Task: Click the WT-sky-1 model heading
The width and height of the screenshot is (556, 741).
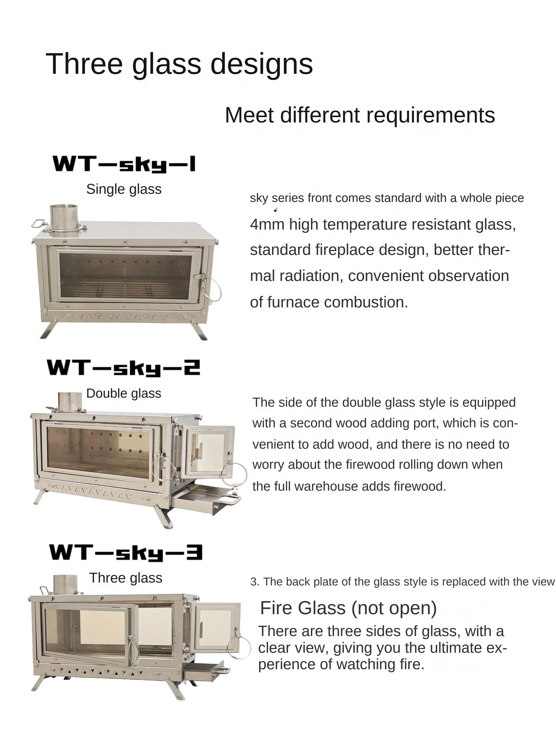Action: pyautogui.click(x=124, y=164)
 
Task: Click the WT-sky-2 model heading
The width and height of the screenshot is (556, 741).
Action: pyautogui.click(x=124, y=368)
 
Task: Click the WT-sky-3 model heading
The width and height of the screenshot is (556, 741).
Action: pyautogui.click(x=126, y=553)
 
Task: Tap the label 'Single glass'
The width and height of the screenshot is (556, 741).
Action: pyautogui.click(x=124, y=189)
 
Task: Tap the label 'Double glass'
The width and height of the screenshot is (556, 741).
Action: pyautogui.click(x=124, y=393)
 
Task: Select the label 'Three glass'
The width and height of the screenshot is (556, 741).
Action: pyautogui.click(x=125, y=578)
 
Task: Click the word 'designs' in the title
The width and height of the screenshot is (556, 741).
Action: pyautogui.click(x=261, y=64)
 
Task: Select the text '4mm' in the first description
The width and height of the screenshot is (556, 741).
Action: pyautogui.click(x=267, y=224)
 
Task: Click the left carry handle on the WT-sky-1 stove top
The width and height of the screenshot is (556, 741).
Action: pyautogui.click(x=38, y=223)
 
